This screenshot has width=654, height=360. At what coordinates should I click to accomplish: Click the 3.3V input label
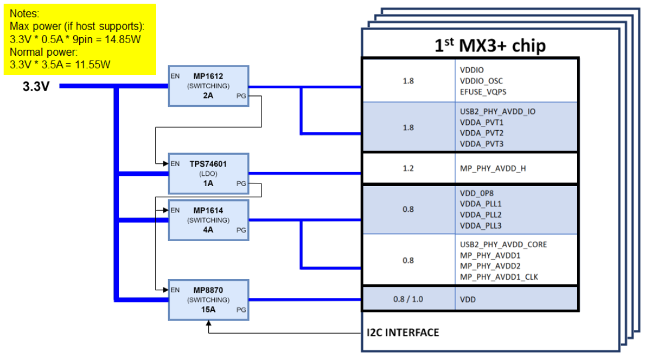[x=36, y=86]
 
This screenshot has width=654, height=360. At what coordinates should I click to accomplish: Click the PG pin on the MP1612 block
[x=241, y=96]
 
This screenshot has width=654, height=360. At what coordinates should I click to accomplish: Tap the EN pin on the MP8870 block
[x=175, y=290]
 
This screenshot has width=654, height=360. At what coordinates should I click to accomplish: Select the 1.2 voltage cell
[x=408, y=168]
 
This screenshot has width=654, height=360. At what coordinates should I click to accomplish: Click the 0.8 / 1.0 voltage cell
[x=408, y=298]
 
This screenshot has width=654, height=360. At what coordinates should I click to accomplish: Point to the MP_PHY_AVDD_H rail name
[x=493, y=168]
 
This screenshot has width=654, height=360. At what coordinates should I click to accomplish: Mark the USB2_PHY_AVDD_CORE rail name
[x=503, y=244]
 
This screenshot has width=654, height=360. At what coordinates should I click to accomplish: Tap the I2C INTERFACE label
[x=403, y=332]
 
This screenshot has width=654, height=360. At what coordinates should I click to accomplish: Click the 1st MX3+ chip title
[x=490, y=46]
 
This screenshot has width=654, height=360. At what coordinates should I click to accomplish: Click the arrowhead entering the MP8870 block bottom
[x=208, y=325]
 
